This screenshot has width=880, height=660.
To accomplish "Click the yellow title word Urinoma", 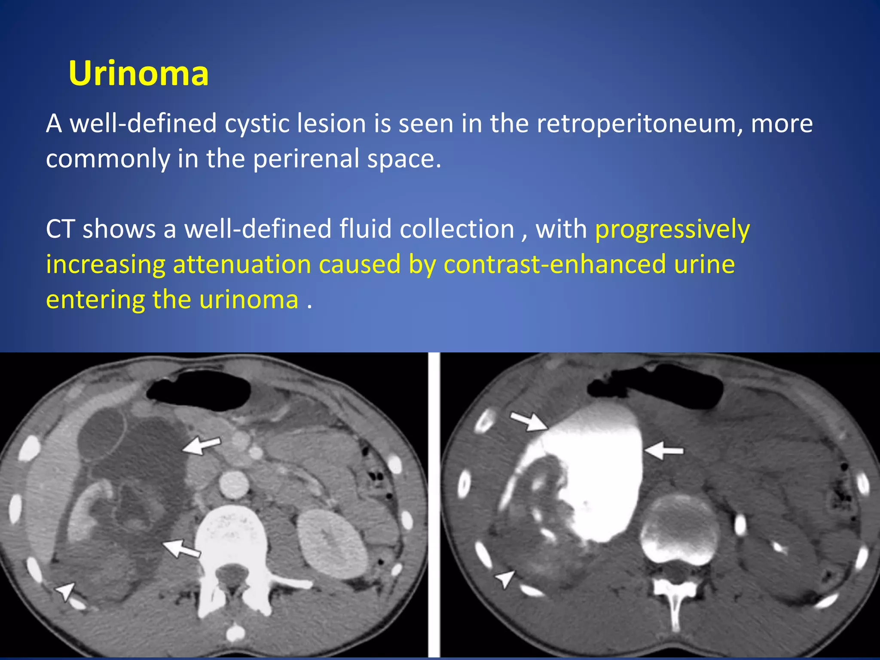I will pyautogui.click(x=138, y=73).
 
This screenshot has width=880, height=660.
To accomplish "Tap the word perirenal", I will pyautogui.click(x=306, y=159).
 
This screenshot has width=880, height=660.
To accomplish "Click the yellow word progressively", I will pyautogui.click(x=672, y=229).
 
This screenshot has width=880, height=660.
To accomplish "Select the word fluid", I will pyautogui.click(x=366, y=229).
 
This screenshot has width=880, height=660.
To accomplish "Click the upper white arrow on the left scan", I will pyautogui.click(x=202, y=445).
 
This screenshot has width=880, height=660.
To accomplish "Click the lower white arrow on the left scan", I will pyautogui.click(x=181, y=548).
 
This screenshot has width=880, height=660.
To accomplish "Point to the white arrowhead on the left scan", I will pyautogui.click(x=66, y=591).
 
